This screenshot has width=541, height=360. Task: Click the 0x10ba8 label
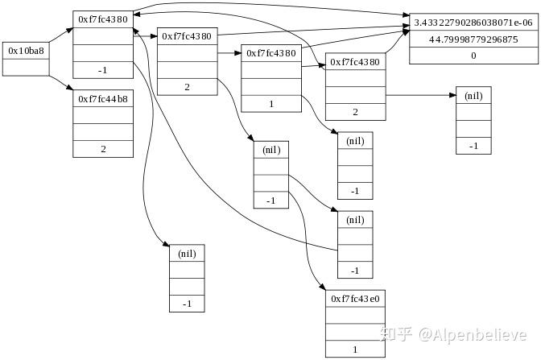point(26,50)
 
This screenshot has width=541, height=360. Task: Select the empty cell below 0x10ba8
point(26,67)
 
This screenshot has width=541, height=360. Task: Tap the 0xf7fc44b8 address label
point(103,98)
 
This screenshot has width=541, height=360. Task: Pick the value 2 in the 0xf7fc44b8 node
point(103,149)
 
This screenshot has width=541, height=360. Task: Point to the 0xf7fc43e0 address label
point(356,299)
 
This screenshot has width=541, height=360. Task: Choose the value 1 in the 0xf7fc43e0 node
point(356,350)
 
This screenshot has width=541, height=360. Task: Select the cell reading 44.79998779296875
point(473,39)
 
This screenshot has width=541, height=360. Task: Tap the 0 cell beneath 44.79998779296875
point(473,56)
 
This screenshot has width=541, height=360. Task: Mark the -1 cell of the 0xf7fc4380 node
point(103,70)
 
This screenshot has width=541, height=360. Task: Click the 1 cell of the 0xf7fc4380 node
point(271,104)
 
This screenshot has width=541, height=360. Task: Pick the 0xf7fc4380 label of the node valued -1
point(103,19)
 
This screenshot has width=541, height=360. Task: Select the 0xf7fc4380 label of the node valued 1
point(271,53)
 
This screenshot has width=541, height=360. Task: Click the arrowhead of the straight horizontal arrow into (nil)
point(452,95)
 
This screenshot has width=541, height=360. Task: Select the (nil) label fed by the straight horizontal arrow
point(473,95)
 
